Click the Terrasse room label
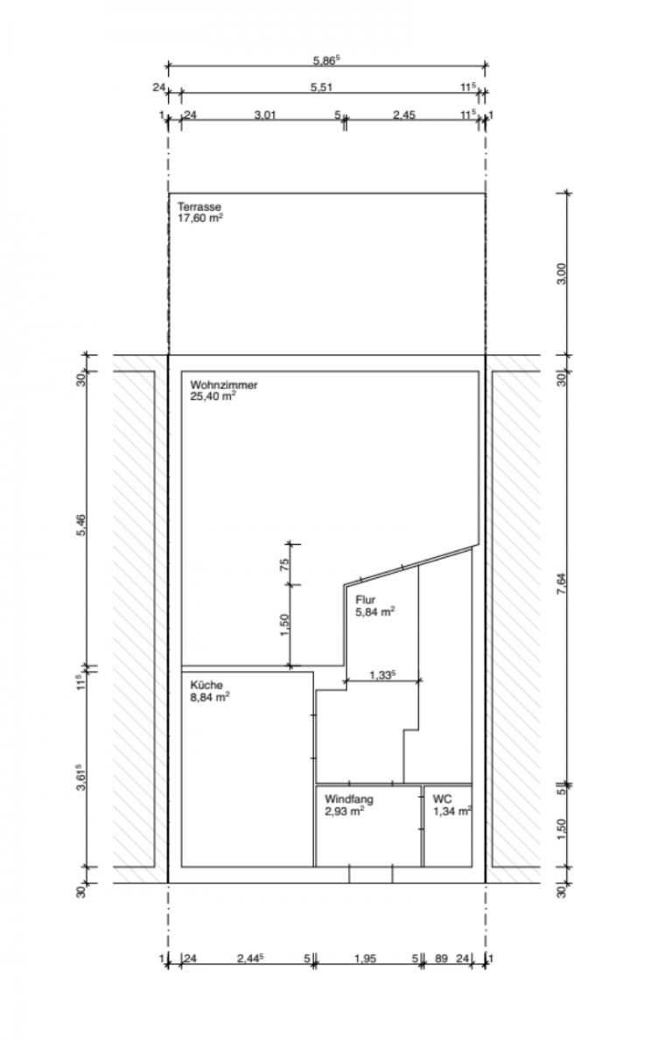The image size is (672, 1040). click(x=199, y=207)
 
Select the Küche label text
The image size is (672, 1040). click(x=206, y=685)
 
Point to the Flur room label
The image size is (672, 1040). click(x=365, y=600)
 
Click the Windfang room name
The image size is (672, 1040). click(x=349, y=799)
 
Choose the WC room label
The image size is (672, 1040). click(x=442, y=799)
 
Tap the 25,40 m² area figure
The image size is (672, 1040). click(x=213, y=396)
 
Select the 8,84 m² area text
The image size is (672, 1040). click(x=210, y=696)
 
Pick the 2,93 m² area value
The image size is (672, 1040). click(x=344, y=811)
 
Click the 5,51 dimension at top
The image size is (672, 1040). click(x=322, y=87)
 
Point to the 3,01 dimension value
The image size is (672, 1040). click(x=264, y=115)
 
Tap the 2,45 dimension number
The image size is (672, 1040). click(x=404, y=115)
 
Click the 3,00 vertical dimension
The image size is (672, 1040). click(x=561, y=273)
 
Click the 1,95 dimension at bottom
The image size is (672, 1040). click(x=366, y=959)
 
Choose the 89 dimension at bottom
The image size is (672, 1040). click(x=441, y=959)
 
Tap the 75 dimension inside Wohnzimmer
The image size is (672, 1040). click(x=284, y=565)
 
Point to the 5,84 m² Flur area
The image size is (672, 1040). click(x=375, y=611)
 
